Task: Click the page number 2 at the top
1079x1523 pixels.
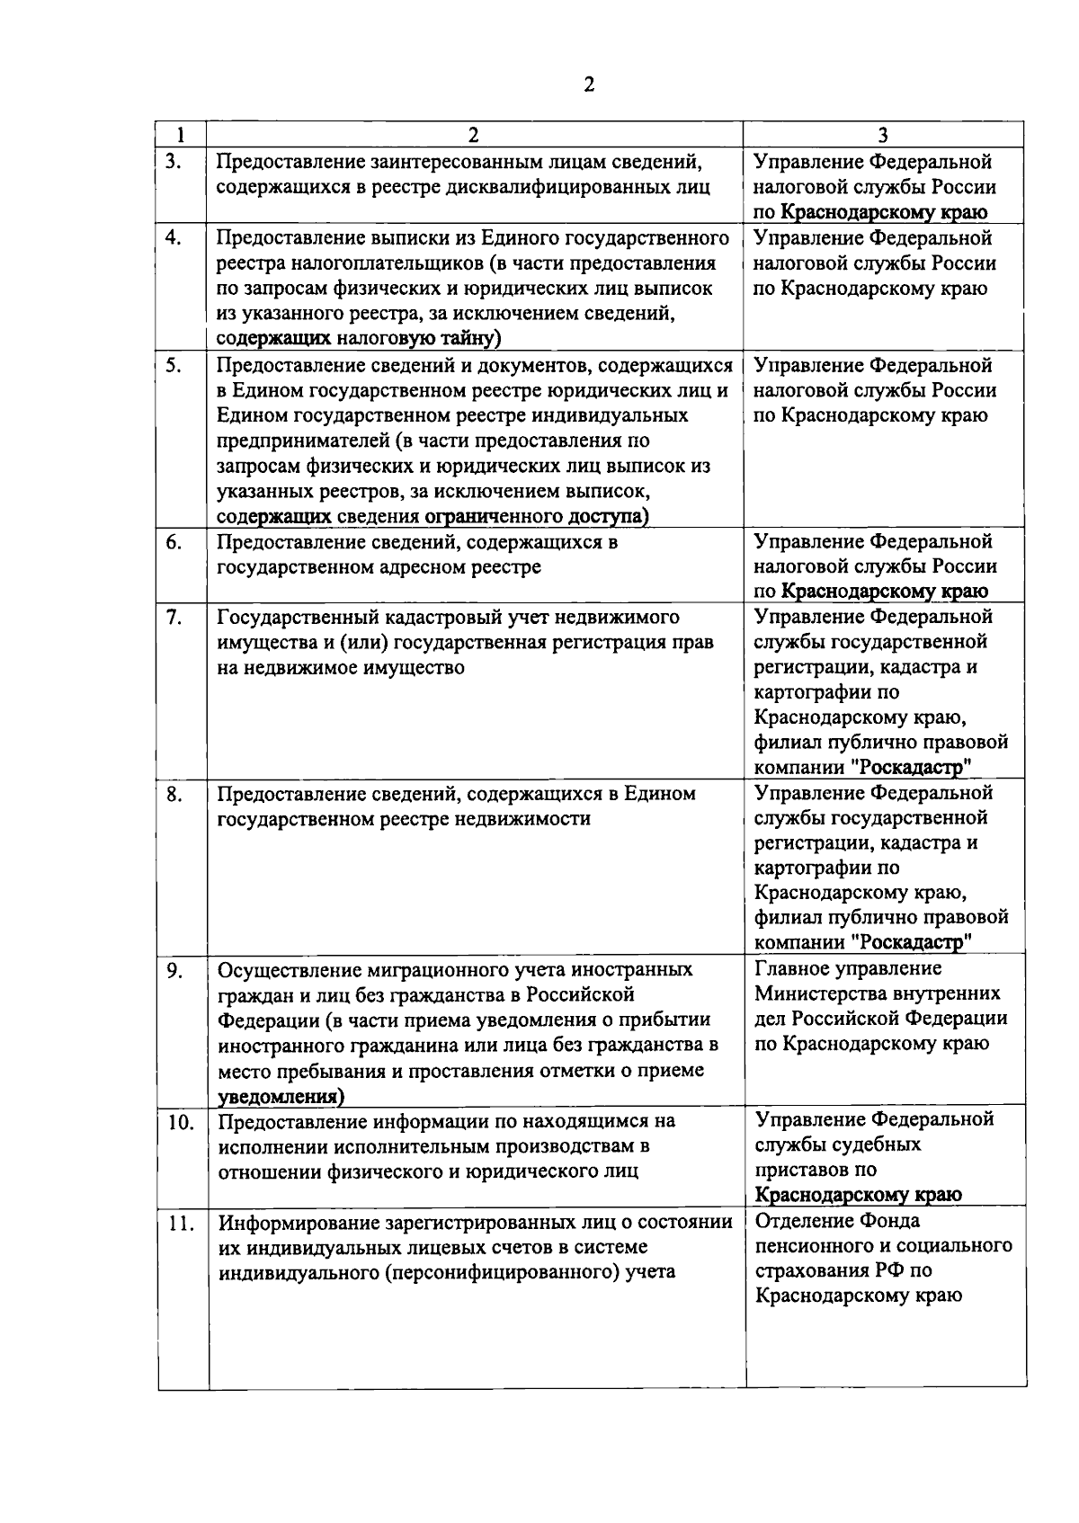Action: point(590,85)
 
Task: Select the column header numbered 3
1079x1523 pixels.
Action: point(883,136)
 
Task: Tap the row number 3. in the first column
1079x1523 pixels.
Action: point(174,162)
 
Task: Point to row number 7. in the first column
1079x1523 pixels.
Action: point(174,617)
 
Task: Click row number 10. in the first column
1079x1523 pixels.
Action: point(183,1122)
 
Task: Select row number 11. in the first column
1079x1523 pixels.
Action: point(183,1223)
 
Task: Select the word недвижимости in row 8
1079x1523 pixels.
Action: point(523,819)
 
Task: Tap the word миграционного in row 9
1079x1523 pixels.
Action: point(462,970)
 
